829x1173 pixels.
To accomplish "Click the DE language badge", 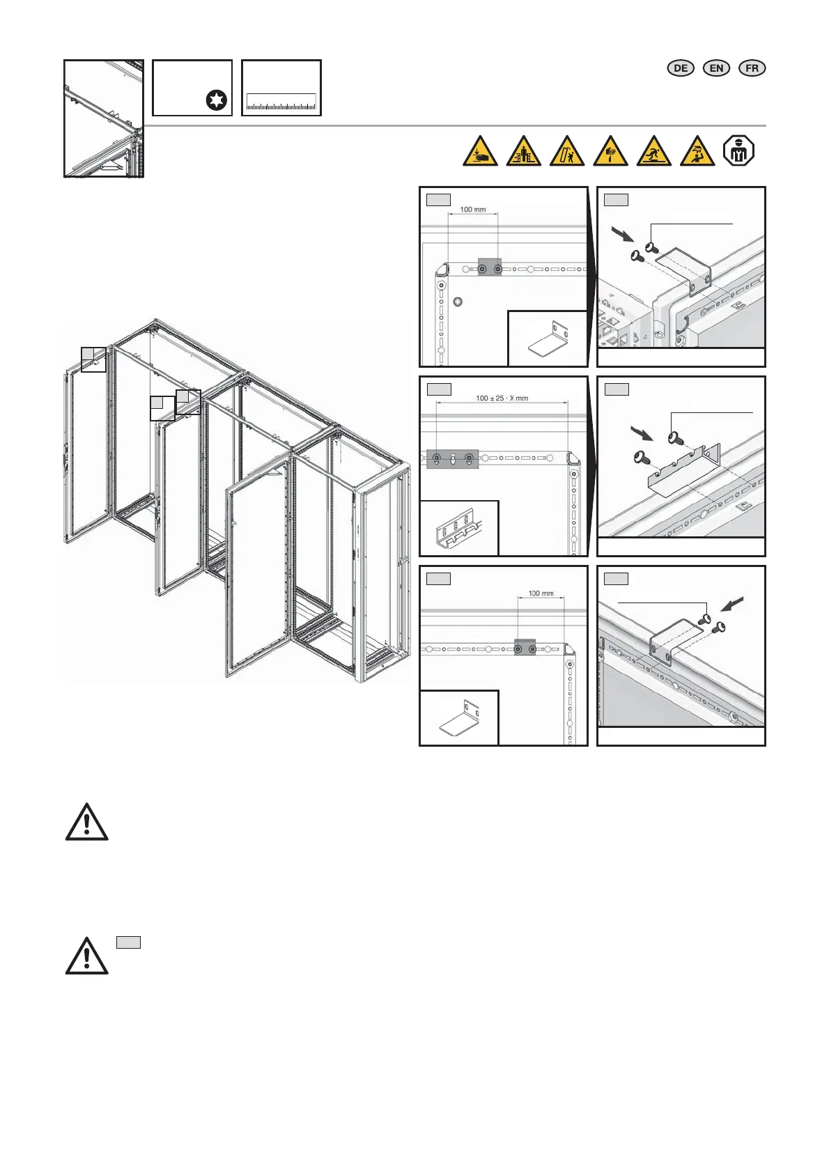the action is (x=681, y=68).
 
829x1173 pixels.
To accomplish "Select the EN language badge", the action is (x=716, y=68).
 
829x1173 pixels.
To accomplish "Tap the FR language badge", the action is (x=752, y=68).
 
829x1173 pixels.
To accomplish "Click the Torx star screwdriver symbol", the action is (x=217, y=101).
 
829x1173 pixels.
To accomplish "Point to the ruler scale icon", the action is (x=281, y=103).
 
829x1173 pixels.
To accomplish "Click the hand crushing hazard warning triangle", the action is (x=480, y=152).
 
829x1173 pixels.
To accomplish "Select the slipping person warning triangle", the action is (x=654, y=152).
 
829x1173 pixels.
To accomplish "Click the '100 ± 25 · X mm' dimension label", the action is (x=502, y=398).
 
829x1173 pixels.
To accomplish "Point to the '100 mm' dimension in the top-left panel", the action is (x=473, y=210).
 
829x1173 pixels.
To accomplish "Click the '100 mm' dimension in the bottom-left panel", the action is (x=541, y=593).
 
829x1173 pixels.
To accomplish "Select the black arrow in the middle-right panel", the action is (x=640, y=434).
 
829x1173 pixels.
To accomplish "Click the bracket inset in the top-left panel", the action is (x=548, y=339).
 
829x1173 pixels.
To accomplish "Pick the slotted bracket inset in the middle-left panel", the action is (x=459, y=529).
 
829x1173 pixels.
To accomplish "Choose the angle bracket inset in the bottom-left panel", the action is (x=459, y=718).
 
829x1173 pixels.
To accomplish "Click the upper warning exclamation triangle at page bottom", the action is (x=86, y=822).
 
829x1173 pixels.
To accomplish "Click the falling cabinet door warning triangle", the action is (x=567, y=152).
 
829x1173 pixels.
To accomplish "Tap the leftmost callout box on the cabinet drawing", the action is (x=93, y=359).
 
